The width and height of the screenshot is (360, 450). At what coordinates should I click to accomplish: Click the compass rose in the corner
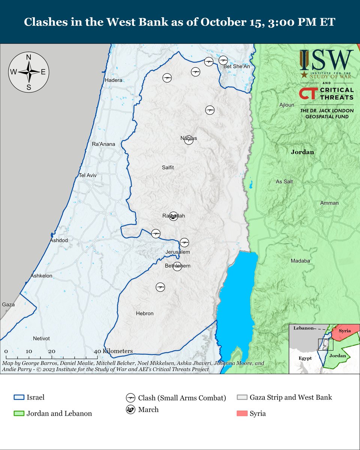click(28, 72)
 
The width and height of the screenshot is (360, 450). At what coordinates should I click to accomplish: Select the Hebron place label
click(145, 313)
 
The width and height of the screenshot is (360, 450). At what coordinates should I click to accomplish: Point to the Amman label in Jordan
click(329, 203)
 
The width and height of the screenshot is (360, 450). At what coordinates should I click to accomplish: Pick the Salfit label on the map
click(168, 168)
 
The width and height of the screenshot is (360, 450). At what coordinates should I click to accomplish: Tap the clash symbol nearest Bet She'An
click(223, 60)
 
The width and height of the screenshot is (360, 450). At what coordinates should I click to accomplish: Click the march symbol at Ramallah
click(173, 216)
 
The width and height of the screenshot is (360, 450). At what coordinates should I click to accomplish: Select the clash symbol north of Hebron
click(160, 287)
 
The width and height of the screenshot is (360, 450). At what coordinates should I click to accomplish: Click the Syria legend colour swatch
click(242, 414)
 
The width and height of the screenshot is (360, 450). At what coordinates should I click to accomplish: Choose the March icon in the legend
click(130, 410)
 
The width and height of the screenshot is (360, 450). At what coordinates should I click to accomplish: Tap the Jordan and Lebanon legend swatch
click(18, 414)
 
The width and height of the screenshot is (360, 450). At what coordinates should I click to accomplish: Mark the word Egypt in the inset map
click(305, 358)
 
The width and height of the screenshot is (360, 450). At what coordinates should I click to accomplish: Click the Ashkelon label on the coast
click(41, 276)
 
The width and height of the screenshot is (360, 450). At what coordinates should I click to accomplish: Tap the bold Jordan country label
click(302, 152)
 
